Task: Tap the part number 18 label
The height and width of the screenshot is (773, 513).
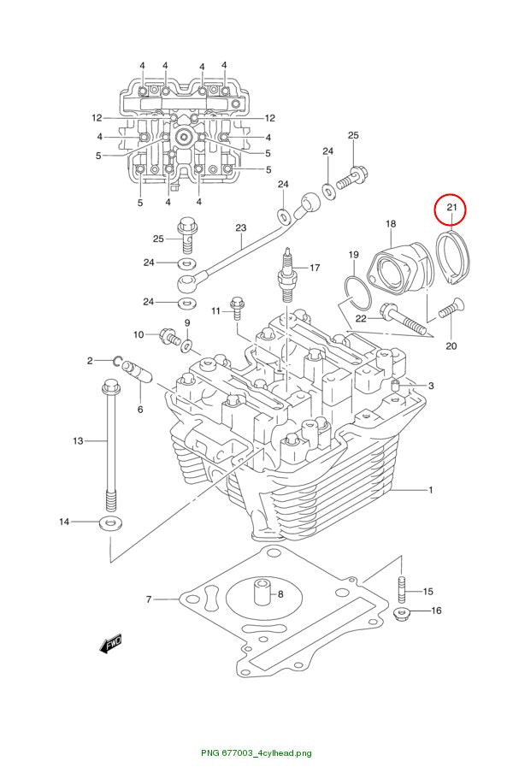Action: (x=390, y=224)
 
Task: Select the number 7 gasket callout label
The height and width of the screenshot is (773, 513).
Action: (x=148, y=599)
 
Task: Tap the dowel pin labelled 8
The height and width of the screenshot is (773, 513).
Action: (x=262, y=591)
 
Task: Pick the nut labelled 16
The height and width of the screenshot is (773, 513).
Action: (x=401, y=614)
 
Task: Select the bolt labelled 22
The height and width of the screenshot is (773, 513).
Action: (x=403, y=320)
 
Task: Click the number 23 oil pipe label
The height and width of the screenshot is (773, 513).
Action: (x=240, y=227)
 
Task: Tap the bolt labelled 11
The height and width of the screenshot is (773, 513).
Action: (x=237, y=307)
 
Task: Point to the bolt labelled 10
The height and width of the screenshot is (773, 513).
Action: (x=171, y=337)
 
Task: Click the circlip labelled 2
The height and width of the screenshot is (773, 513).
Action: (x=118, y=361)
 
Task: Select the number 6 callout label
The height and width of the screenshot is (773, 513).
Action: (x=140, y=410)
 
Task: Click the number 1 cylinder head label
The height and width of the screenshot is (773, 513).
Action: (x=430, y=489)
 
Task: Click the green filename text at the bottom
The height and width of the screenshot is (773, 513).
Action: (x=256, y=752)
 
